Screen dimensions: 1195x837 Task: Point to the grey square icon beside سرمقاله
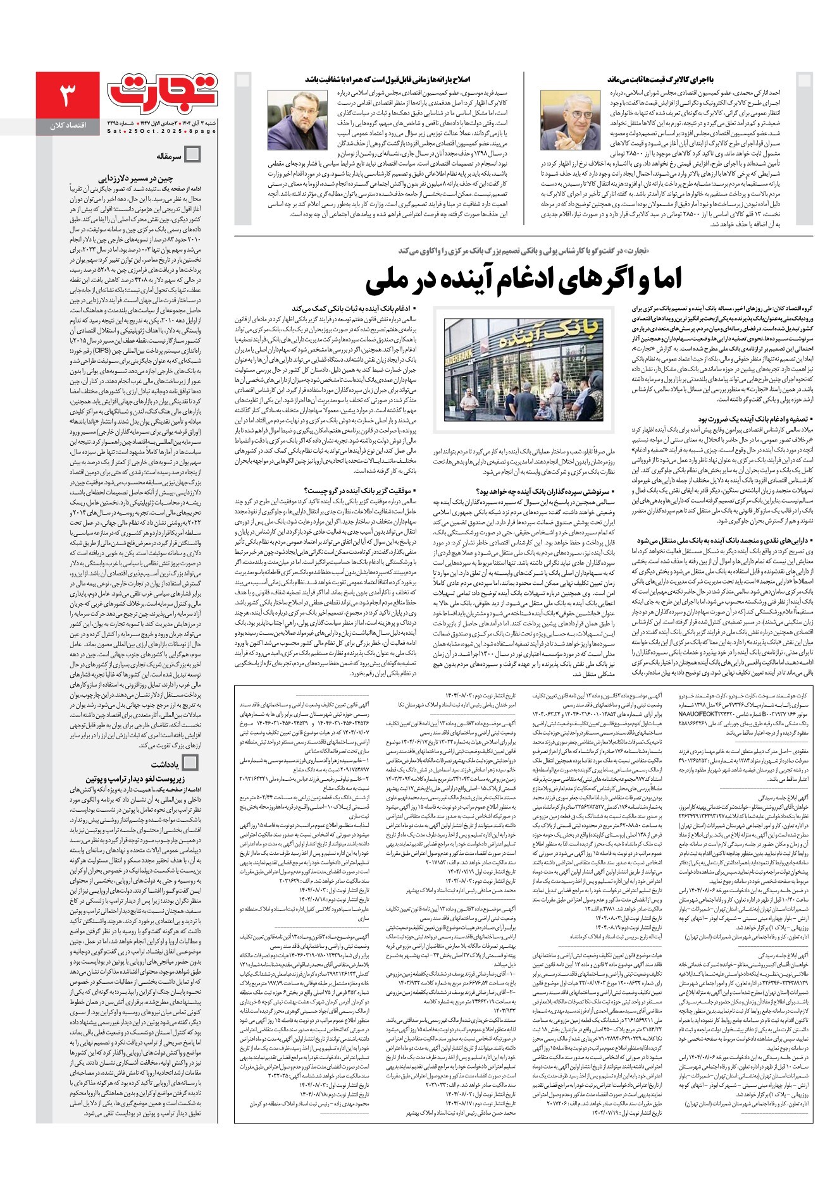click(191, 156)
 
